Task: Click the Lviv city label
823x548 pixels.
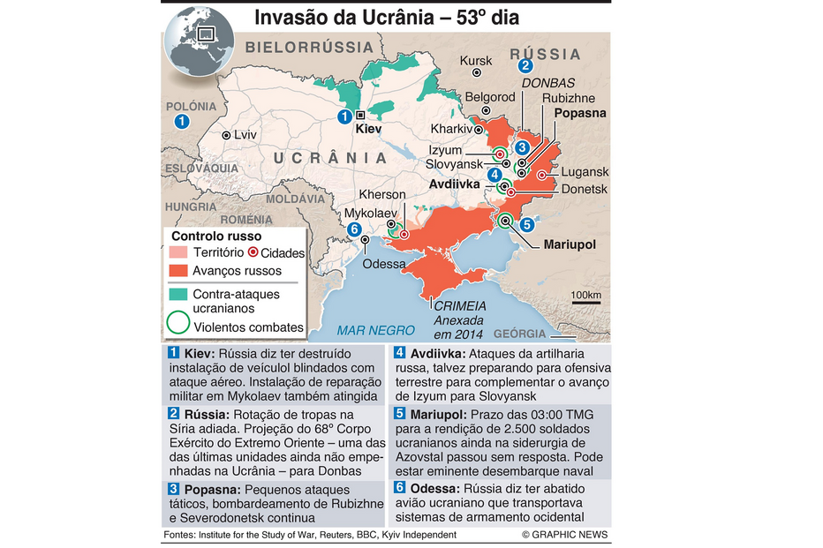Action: pos(245,135)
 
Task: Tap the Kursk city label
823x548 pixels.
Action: pos(477,61)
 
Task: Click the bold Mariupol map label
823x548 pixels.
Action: pos(570,244)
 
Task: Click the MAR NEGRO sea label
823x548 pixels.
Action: pos(375,330)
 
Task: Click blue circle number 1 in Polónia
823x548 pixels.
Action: pos(182,122)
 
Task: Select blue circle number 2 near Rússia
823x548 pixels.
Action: pos(525,64)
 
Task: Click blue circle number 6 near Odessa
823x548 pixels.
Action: pos(354,229)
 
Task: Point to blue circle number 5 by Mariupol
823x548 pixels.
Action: pos(527,224)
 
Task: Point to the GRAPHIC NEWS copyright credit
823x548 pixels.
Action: pos(564,535)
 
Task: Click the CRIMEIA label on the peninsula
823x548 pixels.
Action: pos(453,305)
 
